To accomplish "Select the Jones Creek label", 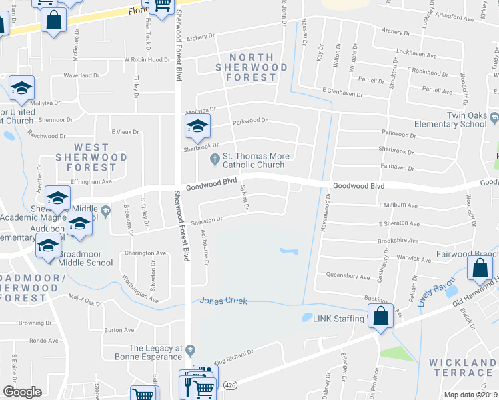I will pos(224,301).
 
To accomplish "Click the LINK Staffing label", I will pos(338,319).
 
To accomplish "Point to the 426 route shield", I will pos(231,385).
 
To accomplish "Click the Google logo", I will pos(22,391).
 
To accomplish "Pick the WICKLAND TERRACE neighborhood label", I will pos(463,369).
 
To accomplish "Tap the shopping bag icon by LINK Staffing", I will pos(380,317).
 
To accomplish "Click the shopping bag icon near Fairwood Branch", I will pos(480,269).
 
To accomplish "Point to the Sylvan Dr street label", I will pos(245,197).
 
